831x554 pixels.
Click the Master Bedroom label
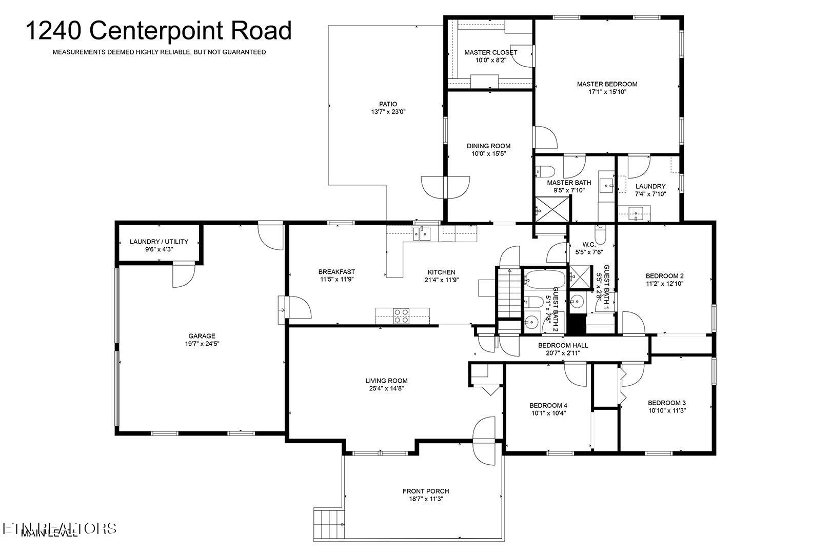607,84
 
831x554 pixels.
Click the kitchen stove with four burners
401,315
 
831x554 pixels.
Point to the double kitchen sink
424,233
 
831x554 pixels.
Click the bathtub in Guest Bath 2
544,280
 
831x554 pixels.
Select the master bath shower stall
551,209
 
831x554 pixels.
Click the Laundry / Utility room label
159,242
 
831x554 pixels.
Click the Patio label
388,104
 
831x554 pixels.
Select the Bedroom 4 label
548,405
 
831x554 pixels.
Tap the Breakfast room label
337,272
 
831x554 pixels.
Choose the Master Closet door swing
522,56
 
